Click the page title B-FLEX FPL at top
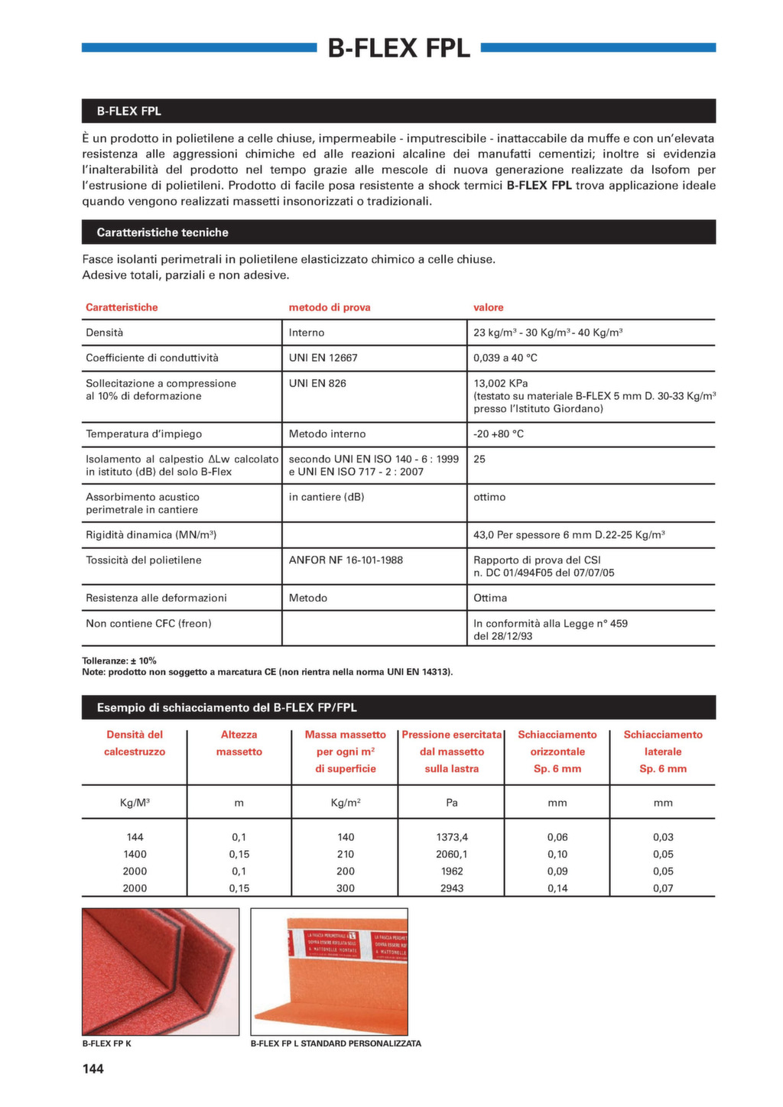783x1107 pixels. (398, 48)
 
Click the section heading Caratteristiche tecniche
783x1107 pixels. (162, 232)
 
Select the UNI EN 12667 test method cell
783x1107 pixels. (323, 358)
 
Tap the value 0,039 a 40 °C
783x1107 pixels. (505, 358)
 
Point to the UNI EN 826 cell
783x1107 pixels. (317, 383)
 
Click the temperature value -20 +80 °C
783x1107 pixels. (499, 433)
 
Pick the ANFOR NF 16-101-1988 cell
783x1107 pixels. (346, 560)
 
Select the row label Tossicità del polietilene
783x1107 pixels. (143, 560)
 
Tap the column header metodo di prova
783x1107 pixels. (330, 307)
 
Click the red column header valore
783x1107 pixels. (489, 307)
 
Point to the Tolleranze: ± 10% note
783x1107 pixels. (119, 661)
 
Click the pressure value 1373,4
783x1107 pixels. (452, 837)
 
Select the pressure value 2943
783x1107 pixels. (452, 888)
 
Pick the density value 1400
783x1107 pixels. (135, 854)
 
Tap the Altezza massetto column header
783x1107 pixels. (239, 743)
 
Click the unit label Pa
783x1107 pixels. (452, 803)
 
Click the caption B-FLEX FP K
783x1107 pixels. (106, 1044)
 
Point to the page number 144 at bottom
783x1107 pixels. (93, 1069)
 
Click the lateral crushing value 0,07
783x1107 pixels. (663, 888)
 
